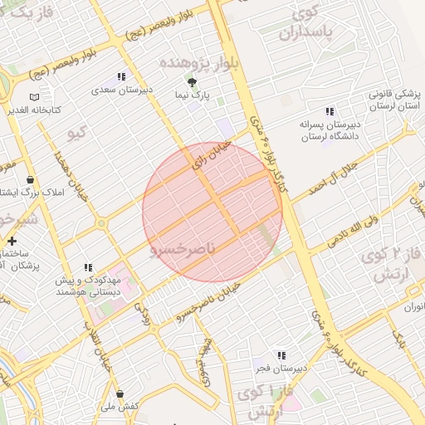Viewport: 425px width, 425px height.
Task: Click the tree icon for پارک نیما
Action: (x=193, y=82)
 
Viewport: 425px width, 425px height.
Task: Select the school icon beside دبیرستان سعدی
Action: (x=123, y=76)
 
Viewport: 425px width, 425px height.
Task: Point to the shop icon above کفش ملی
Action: (x=120, y=393)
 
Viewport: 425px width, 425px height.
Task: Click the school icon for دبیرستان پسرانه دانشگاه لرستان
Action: (x=330, y=111)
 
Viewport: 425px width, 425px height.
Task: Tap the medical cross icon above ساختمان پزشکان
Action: (x=11, y=241)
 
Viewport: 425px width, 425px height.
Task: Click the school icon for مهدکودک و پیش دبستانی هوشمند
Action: (x=86, y=267)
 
